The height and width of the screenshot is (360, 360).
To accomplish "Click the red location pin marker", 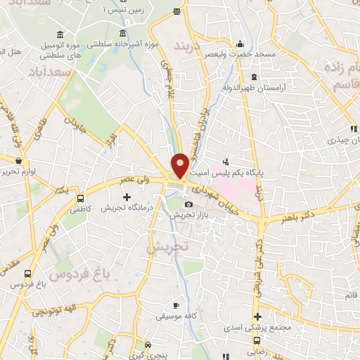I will (x=180, y=165).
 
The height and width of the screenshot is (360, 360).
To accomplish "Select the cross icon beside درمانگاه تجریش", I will (x=127, y=196).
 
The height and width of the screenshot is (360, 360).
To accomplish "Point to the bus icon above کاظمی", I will (x=81, y=198).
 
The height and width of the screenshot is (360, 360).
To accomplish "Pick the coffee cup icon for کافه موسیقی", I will (x=176, y=306).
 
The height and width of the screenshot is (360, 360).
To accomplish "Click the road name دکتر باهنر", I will (x=333, y=208).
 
